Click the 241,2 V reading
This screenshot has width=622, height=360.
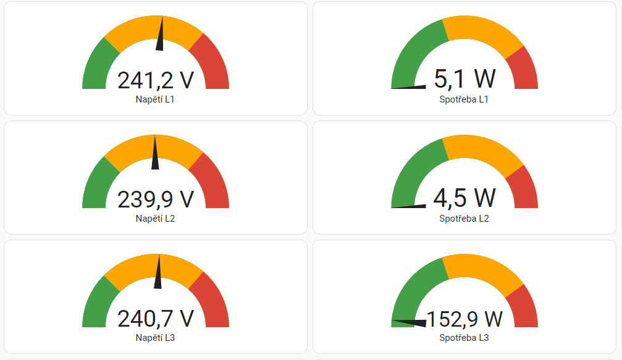156,81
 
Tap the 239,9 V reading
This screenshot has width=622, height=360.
156,199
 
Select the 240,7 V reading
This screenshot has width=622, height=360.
156,319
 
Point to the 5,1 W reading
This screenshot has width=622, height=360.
464,80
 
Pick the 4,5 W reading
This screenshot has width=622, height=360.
464,198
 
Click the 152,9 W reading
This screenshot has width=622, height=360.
464,319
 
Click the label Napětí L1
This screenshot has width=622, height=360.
156,99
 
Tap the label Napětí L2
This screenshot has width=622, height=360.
156,219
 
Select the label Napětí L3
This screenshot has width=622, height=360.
156,338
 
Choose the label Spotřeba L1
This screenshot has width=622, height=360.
464,99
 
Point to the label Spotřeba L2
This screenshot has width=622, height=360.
464,219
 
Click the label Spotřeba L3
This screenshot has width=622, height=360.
464,338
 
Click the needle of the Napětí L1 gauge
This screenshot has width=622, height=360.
161,36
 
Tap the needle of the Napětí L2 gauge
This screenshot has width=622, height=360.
155,154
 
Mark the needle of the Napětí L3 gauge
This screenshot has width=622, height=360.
158,273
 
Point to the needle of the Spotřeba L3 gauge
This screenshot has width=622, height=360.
411,322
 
